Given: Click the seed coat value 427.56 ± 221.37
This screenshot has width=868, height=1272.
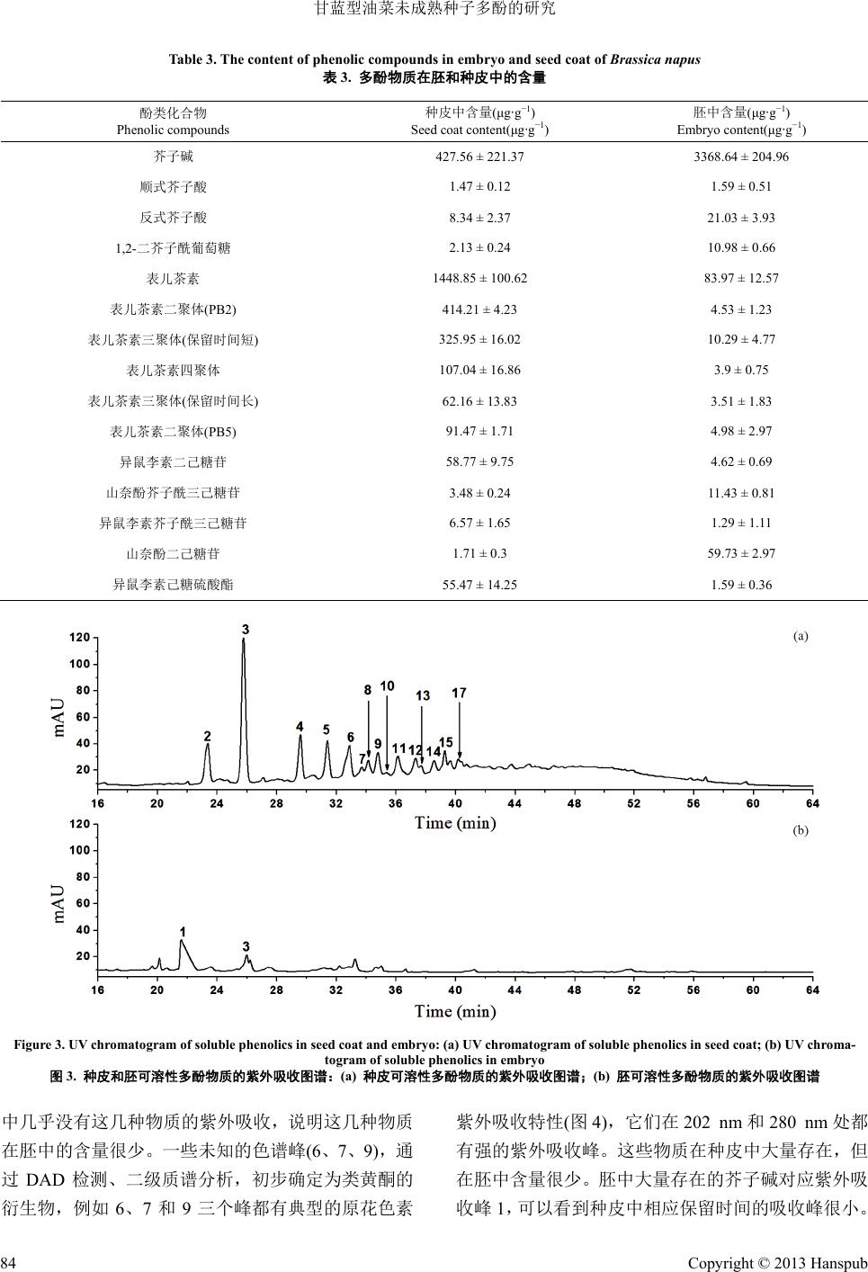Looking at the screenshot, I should coord(479,157).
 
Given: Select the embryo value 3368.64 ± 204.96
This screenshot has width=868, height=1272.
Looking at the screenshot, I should coord(741,157).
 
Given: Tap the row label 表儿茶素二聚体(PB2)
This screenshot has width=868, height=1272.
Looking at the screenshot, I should coord(173,309).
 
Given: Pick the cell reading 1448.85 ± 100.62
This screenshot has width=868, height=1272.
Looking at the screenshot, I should coord(479,278).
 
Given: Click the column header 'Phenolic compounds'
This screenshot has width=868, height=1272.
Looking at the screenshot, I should coord(173,130).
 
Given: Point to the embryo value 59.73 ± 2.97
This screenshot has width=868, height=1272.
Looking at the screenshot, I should coord(741,553).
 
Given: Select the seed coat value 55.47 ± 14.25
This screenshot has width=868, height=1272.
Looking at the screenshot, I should coord(479,585).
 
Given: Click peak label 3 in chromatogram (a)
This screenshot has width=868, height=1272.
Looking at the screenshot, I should coord(246,630).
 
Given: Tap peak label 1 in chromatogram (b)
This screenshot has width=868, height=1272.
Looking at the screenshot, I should coord(183,932).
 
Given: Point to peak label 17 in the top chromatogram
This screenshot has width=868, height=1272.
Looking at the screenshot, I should coord(459,693).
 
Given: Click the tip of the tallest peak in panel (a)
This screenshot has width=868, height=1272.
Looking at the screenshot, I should coord(243,640).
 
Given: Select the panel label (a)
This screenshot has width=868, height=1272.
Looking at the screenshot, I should coord(801,636).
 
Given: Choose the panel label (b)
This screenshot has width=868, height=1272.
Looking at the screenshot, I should coord(801,831).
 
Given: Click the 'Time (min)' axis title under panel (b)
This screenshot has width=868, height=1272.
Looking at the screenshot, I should coord(455,1011).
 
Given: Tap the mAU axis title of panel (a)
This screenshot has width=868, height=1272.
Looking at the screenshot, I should coord(60,717).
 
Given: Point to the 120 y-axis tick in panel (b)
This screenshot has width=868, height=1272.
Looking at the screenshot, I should coord(80,824).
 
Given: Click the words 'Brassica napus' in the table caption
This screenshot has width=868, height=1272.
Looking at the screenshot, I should coord(655,59).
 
